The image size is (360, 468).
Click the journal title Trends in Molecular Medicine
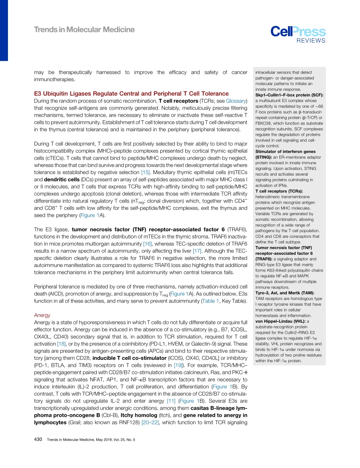[x=84, y=30]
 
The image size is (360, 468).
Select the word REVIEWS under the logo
[x=311, y=41]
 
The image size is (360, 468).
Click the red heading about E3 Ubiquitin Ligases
[x=131, y=94]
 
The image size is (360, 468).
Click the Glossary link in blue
[x=236, y=101]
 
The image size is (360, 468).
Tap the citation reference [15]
[x=145, y=172]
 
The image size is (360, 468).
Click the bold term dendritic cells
[x=63, y=179]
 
